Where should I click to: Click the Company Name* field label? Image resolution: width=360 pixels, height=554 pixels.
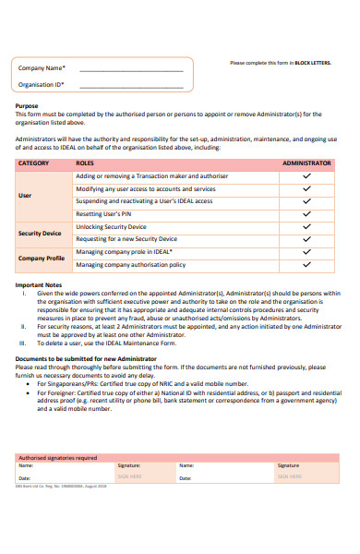42,67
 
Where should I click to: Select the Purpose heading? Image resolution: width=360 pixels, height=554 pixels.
27,105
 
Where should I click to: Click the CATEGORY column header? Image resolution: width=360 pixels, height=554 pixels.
34,162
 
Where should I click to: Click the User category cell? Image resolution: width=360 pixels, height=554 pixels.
25,195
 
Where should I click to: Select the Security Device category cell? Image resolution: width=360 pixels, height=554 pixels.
40,233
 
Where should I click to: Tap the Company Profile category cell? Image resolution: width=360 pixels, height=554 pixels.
42,258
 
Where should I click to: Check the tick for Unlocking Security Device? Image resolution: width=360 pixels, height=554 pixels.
306,226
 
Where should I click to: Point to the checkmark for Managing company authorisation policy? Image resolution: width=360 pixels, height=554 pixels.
306,264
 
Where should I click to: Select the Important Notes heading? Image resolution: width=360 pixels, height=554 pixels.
38,285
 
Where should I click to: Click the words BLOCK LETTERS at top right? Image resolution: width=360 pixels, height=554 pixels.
312,63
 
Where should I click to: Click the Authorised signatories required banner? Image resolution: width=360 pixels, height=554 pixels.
58,456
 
